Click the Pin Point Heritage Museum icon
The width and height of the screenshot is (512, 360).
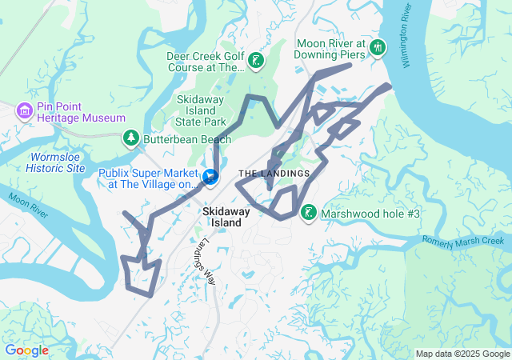[x=24, y=110]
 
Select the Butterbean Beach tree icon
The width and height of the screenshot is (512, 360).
[x=130, y=138]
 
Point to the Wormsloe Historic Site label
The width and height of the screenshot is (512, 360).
[x=54, y=163]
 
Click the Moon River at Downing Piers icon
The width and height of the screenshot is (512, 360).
[x=378, y=49]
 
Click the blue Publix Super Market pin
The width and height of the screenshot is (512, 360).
[x=210, y=175]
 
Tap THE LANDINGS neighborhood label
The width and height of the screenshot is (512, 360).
[x=274, y=174]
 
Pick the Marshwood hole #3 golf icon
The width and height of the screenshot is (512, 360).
[x=308, y=213]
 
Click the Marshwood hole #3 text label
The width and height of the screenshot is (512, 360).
[x=370, y=214]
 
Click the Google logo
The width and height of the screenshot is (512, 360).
[x=26, y=350]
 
